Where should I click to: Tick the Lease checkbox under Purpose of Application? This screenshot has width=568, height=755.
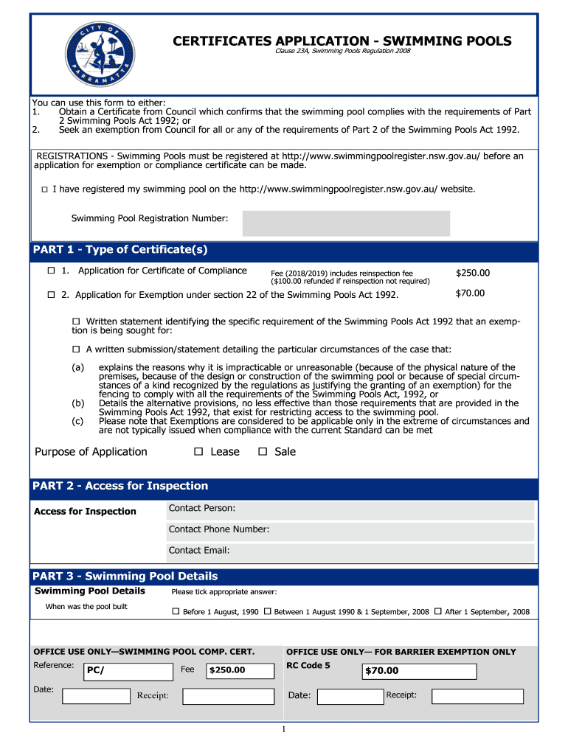pos(198,452)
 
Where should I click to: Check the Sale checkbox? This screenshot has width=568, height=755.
pos(262,452)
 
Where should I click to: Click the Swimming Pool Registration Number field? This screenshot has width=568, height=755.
pos(346,223)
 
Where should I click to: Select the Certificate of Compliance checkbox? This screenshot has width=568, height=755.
pos(52,271)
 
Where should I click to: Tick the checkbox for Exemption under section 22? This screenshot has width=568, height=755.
pos(52,295)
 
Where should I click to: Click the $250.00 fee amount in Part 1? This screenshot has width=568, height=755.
pos(472,273)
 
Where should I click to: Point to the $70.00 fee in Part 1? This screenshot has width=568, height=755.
pos(470,293)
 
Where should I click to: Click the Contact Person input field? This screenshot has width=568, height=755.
pos(350,510)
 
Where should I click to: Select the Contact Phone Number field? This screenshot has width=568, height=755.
pos(350,531)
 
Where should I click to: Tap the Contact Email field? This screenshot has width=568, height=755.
pos(350,552)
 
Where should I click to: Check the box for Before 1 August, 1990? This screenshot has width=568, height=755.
pos(176,612)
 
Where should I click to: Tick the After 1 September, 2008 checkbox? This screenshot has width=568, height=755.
pos(438,612)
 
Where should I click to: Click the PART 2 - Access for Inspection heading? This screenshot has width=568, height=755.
pos(121,486)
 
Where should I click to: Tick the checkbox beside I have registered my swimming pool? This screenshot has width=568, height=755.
pos(44,190)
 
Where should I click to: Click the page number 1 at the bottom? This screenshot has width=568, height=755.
pos(283,730)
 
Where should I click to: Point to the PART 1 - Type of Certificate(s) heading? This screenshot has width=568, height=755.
pos(120,250)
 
